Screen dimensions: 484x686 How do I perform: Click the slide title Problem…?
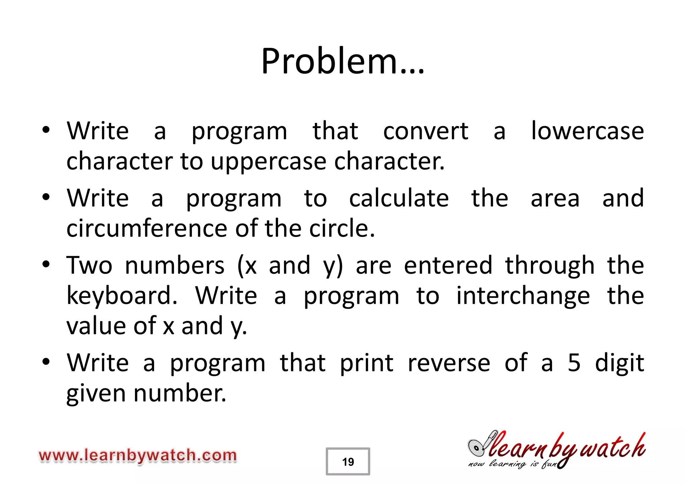[343, 61]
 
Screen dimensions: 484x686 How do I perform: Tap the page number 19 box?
[348, 462]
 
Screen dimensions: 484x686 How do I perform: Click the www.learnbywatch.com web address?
[138, 456]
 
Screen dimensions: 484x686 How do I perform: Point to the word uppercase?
[268, 161]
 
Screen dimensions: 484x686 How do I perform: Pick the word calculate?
[399, 198]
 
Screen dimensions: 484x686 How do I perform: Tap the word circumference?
[147, 229]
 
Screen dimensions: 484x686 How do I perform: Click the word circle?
[342, 229]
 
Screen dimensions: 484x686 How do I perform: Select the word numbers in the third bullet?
[175, 265]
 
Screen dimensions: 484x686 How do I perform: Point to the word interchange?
[523, 296]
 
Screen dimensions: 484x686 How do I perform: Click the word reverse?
[449, 363]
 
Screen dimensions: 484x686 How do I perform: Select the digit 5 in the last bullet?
[574, 363]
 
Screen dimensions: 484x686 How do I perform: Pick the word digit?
[619, 363]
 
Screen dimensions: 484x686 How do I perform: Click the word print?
[366, 363]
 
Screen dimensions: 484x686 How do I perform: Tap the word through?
[550, 265]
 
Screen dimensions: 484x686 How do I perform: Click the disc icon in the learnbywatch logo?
[477, 448]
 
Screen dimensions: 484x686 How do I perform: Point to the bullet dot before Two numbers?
[46, 264]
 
